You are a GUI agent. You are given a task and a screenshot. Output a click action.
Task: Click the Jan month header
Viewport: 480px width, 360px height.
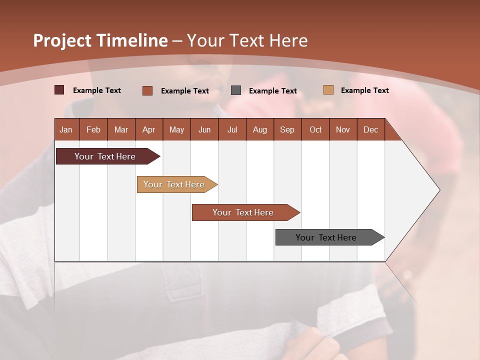point(66,129)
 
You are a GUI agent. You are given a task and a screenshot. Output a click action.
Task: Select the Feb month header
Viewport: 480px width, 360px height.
point(93,129)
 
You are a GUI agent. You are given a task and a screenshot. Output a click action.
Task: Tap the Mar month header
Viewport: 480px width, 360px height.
point(121,129)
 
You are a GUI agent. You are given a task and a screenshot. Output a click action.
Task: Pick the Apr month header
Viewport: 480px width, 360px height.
point(149,129)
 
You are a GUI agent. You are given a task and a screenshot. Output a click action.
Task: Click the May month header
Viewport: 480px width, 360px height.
point(176,129)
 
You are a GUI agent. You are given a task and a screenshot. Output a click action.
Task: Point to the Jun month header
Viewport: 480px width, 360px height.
point(204,129)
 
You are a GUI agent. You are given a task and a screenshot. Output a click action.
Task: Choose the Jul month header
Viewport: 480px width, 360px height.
point(232,129)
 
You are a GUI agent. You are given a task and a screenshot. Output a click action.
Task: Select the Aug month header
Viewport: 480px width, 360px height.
point(260,129)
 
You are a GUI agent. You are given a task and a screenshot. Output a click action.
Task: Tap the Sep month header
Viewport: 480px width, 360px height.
point(287,129)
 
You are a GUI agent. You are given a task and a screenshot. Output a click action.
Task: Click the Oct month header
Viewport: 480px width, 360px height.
point(315,129)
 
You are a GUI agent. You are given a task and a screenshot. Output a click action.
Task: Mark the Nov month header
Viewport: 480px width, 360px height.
point(343,129)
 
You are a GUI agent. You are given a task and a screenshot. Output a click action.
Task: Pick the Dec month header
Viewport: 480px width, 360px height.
point(371,129)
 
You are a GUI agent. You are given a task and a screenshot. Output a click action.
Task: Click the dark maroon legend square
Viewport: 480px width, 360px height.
point(59,90)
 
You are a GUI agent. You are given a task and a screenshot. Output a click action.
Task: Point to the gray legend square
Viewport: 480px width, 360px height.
point(236,90)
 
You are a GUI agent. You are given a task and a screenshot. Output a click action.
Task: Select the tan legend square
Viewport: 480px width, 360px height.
point(328,90)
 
